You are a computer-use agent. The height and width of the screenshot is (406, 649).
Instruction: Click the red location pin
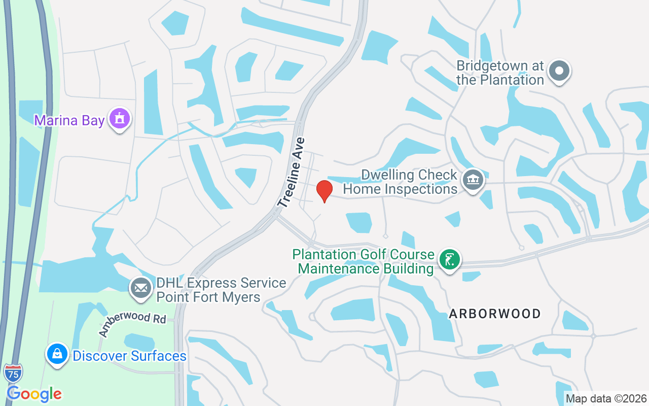324,191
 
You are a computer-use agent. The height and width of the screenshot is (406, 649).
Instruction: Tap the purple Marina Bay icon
120,119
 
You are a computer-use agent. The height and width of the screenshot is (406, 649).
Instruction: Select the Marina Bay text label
69,121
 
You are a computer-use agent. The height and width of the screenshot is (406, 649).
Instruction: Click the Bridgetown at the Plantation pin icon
559,71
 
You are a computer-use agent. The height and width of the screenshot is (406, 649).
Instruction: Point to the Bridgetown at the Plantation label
500,73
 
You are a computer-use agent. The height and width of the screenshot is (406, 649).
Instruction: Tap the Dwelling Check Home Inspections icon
473,179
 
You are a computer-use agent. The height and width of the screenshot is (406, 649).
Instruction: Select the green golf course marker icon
449,260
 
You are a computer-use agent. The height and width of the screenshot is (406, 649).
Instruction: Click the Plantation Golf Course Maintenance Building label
364,261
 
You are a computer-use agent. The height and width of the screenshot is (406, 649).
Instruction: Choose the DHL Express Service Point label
221,290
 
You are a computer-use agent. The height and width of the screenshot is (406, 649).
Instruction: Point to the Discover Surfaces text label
129,356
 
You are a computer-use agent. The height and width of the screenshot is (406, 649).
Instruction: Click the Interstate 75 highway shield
13,374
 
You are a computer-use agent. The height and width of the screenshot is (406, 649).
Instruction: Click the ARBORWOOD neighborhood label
495,314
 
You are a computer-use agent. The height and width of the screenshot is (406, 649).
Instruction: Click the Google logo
34,394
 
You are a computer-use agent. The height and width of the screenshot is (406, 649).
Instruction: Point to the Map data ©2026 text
606,399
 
